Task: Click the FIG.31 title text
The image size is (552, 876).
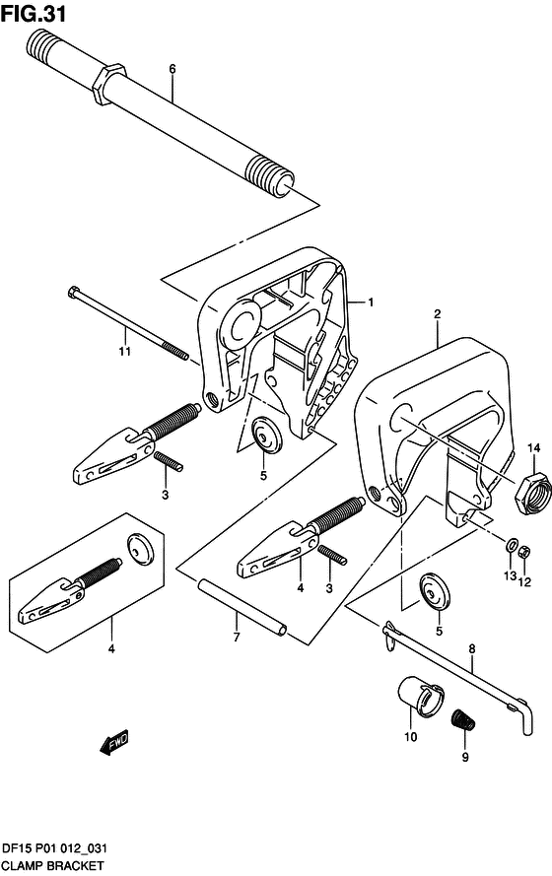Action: point(34,14)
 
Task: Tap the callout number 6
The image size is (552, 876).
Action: point(172,69)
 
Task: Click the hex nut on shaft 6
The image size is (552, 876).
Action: point(107,84)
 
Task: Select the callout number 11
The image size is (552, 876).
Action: point(124,351)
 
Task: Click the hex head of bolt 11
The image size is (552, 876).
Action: point(74,293)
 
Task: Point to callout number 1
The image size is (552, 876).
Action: point(371,303)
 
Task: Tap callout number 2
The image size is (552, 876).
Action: point(438,314)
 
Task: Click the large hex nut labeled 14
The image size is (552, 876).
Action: point(533,493)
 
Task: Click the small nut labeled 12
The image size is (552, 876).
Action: point(524,553)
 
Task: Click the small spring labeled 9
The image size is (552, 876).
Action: point(462,719)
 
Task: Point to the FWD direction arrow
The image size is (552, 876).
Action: point(114,744)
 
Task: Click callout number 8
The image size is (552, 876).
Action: point(472,649)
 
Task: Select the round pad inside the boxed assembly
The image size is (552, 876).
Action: point(141,550)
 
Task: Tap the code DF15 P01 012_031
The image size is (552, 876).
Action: point(54,849)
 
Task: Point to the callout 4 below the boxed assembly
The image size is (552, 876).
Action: point(111,648)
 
